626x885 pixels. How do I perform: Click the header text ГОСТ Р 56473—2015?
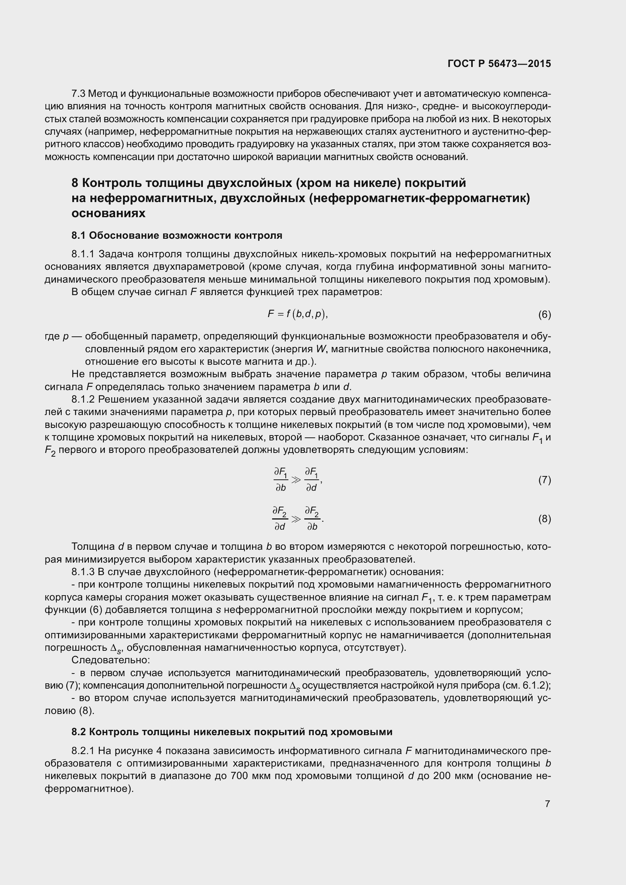pyautogui.click(x=499, y=64)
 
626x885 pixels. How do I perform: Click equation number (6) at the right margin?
pyautogui.click(x=544, y=315)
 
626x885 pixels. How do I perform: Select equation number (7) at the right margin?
pyautogui.click(x=544, y=480)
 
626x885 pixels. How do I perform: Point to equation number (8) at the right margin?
pyautogui.click(x=544, y=519)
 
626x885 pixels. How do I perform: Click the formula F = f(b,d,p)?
pyautogui.click(x=297, y=314)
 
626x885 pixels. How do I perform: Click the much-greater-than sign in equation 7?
pyautogui.click(x=296, y=480)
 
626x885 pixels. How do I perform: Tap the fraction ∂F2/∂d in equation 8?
pyautogui.click(x=280, y=519)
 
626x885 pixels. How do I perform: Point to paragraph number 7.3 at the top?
pyautogui.click(x=79, y=94)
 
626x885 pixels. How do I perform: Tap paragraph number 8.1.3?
pyautogui.click(x=83, y=572)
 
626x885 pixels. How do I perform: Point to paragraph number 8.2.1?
pyautogui.click(x=83, y=751)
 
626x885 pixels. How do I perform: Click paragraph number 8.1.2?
pyautogui.click(x=83, y=399)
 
